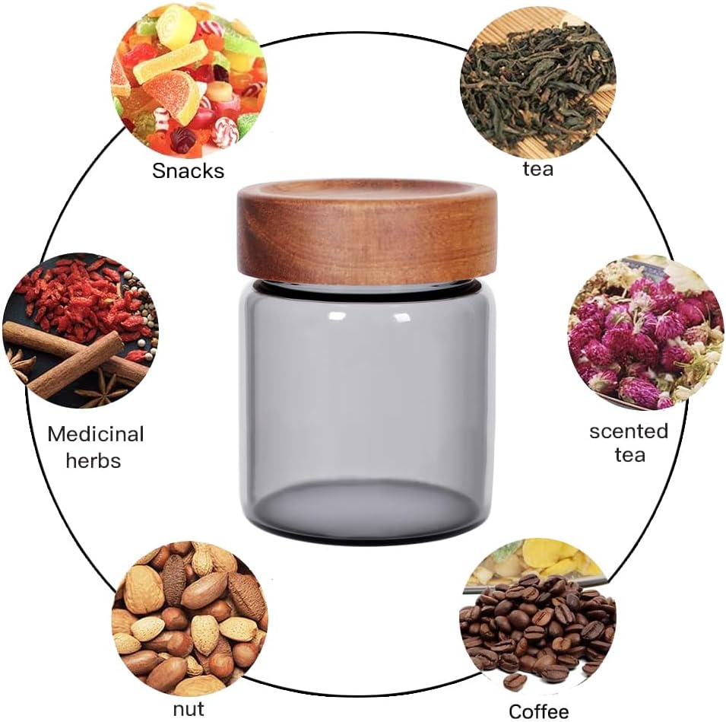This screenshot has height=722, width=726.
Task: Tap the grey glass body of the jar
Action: point(367,411)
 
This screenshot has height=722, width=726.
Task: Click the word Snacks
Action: point(189,170)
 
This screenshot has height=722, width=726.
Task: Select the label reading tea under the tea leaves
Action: point(537,168)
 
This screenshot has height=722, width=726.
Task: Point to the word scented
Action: point(629,431)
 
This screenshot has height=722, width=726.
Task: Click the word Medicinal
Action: point(95,434)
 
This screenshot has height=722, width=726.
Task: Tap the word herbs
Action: point(93,460)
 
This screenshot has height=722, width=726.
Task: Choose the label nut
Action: point(188,709)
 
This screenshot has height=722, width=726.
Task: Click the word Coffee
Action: point(538,711)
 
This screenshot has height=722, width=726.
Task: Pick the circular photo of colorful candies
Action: point(189,79)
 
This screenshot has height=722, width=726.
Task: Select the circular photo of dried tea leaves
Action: point(537,79)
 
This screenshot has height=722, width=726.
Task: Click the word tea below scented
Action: point(629,456)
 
